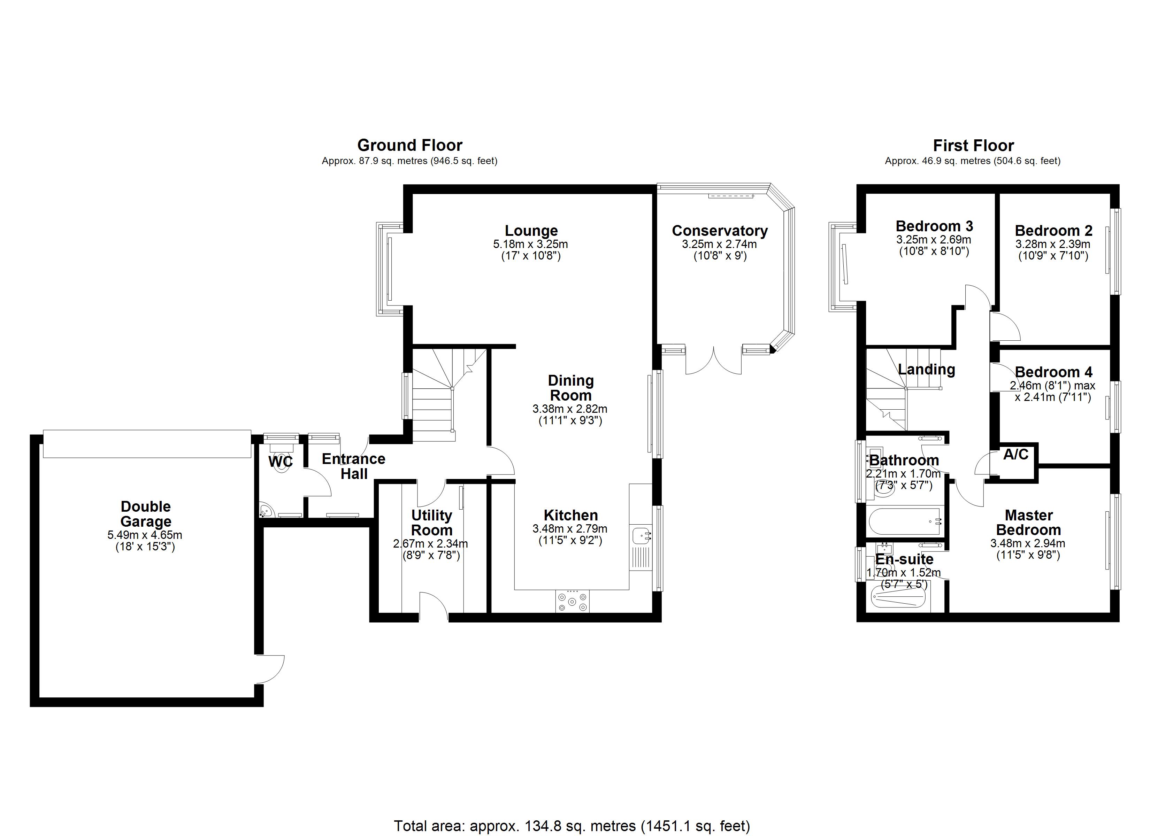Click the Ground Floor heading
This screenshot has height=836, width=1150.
(410, 146)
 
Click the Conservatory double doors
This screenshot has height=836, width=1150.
(714, 361)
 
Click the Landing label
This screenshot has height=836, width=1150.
(926, 370)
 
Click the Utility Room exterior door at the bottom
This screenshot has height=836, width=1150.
(434, 606)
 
